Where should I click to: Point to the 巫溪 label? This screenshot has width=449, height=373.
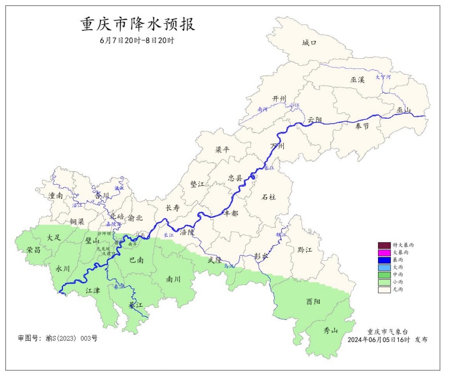point(357,79)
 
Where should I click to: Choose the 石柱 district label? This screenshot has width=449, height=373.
point(269,197)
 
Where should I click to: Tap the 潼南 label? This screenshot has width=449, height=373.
point(56,196)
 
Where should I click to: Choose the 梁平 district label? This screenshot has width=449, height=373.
point(222,149)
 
